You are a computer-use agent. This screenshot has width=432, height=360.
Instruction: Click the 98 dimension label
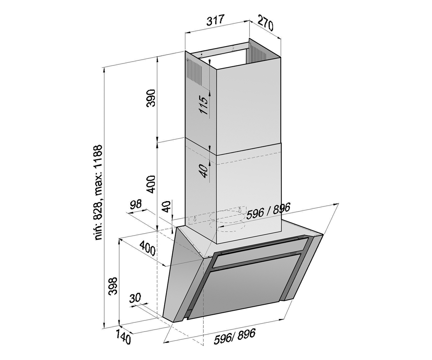click(135, 204)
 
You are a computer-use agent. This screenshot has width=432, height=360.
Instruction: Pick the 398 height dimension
click(113, 286)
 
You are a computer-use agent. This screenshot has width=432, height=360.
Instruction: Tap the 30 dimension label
click(135, 297)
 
